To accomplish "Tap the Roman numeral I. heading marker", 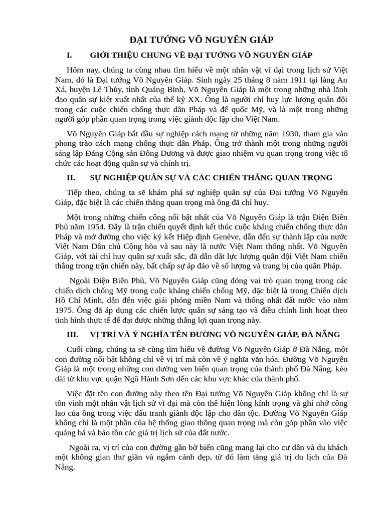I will click(x=69, y=55).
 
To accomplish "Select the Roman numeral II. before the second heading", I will click(x=71, y=177).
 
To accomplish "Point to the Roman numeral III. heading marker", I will click(x=72, y=334).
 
